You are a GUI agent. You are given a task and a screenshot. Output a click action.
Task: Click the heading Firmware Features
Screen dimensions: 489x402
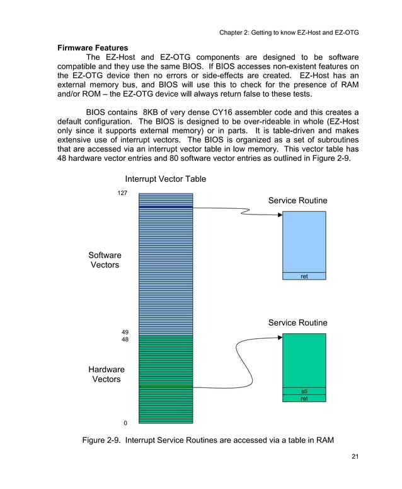93,47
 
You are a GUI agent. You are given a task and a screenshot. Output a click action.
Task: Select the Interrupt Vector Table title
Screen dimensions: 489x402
166,179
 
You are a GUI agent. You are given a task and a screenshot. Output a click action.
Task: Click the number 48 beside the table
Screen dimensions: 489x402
125,339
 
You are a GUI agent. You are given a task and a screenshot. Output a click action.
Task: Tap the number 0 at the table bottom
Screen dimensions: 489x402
125,422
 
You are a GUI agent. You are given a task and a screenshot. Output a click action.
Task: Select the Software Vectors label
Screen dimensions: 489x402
105,260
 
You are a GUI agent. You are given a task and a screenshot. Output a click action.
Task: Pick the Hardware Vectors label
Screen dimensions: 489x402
106,374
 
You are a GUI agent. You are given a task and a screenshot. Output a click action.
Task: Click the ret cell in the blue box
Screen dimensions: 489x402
304,276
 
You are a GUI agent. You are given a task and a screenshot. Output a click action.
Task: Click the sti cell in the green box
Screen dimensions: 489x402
304,391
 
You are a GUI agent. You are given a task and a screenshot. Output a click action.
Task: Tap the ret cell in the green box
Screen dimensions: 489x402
304,398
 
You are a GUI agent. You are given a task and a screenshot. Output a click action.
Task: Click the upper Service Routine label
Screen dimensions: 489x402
297,200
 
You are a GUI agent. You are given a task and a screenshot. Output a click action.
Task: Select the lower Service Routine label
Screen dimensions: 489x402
297,323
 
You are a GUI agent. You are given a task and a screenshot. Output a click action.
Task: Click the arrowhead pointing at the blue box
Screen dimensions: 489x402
279,215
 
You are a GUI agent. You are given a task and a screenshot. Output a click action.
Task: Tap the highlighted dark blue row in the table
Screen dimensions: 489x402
166,206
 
